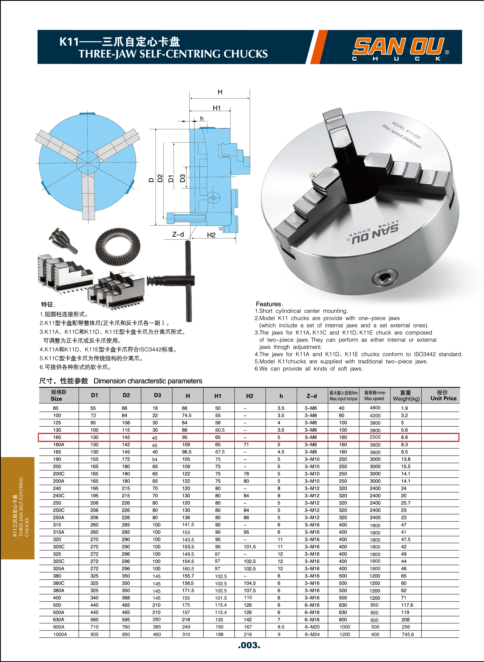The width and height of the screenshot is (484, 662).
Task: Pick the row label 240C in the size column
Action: (x=59, y=495)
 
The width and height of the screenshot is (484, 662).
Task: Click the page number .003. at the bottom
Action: (x=249, y=645)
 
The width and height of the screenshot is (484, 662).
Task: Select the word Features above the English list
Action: (x=268, y=304)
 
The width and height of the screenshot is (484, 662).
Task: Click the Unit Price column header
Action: (x=443, y=396)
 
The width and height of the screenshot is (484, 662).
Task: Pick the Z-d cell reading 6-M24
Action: (x=312, y=634)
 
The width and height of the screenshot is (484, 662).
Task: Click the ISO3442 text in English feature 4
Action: (x=425, y=354)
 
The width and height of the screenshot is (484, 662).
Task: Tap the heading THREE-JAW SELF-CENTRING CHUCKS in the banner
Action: (x=173, y=54)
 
